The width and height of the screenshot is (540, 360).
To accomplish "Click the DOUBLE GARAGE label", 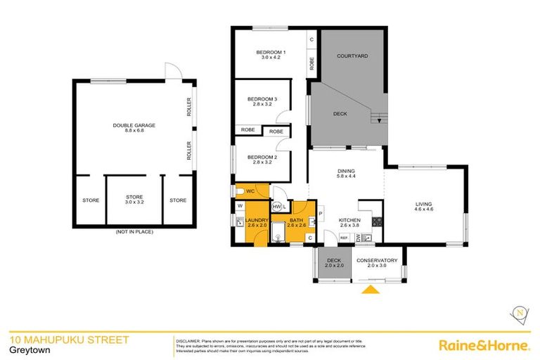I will pyautogui.click(x=134, y=125).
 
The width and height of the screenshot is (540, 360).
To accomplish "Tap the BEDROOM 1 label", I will pyautogui.click(x=271, y=53).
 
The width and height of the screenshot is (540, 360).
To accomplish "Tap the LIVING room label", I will pyautogui.click(x=424, y=205).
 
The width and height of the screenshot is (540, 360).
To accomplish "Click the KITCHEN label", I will pyautogui.click(x=349, y=220).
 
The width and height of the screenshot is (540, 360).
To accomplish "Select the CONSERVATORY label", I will pyautogui.click(x=377, y=261).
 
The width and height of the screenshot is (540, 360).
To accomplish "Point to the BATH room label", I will pyautogui.click(x=296, y=220).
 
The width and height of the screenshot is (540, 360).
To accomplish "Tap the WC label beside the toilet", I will pyautogui.click(x=250, y=191).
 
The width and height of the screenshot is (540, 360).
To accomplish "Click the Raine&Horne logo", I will pyautogui.click(x=484, y=345).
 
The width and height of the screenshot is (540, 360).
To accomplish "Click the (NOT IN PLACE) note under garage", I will pyautogui.click(x=134, y=231).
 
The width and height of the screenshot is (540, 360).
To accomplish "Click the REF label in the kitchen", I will pyautogui.click(x=344, y=238).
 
